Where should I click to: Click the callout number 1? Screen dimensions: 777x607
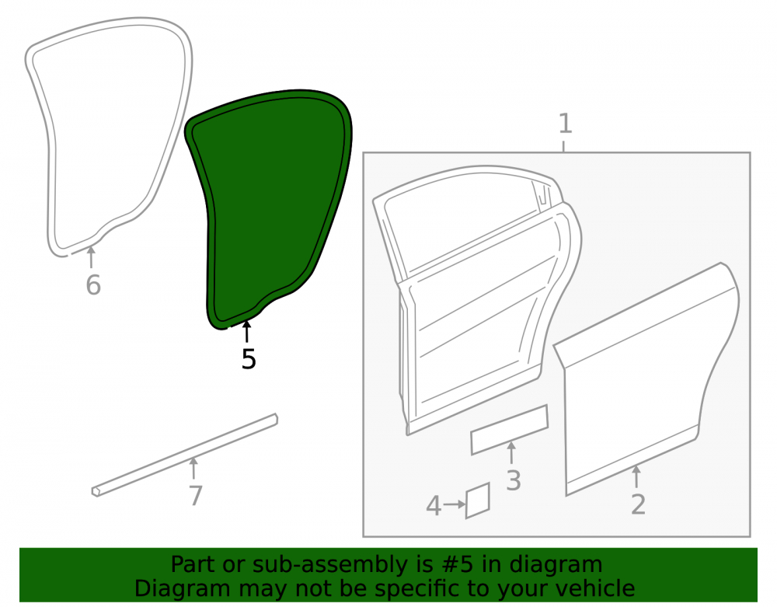(x=566, y=124)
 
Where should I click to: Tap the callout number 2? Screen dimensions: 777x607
(x=638, y=504)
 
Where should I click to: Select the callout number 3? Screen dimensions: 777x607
(x=514, y=480)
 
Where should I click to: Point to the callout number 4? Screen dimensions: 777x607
(x=434, y=506)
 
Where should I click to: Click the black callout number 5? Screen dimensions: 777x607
(x=249, y=359)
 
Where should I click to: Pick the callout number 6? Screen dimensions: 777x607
(x=93, y=285)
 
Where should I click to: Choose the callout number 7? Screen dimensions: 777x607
(x=196, y=496)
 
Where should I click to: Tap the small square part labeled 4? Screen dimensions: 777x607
(x=478, y=501)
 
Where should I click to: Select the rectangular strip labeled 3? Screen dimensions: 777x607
(x=510, y=430)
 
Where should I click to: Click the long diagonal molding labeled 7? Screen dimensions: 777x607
(x=185, y=455)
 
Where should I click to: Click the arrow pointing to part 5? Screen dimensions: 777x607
(x=247, y=331)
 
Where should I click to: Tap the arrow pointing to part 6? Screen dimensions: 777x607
(x=91, y=257)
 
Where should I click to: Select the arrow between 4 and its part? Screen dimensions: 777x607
(x=455, y=504)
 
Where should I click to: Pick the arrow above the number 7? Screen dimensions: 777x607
(x=193, y=468)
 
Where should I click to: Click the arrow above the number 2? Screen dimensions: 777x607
(x=636, y=476)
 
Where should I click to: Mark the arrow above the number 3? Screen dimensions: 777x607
(x=511, y=452)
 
